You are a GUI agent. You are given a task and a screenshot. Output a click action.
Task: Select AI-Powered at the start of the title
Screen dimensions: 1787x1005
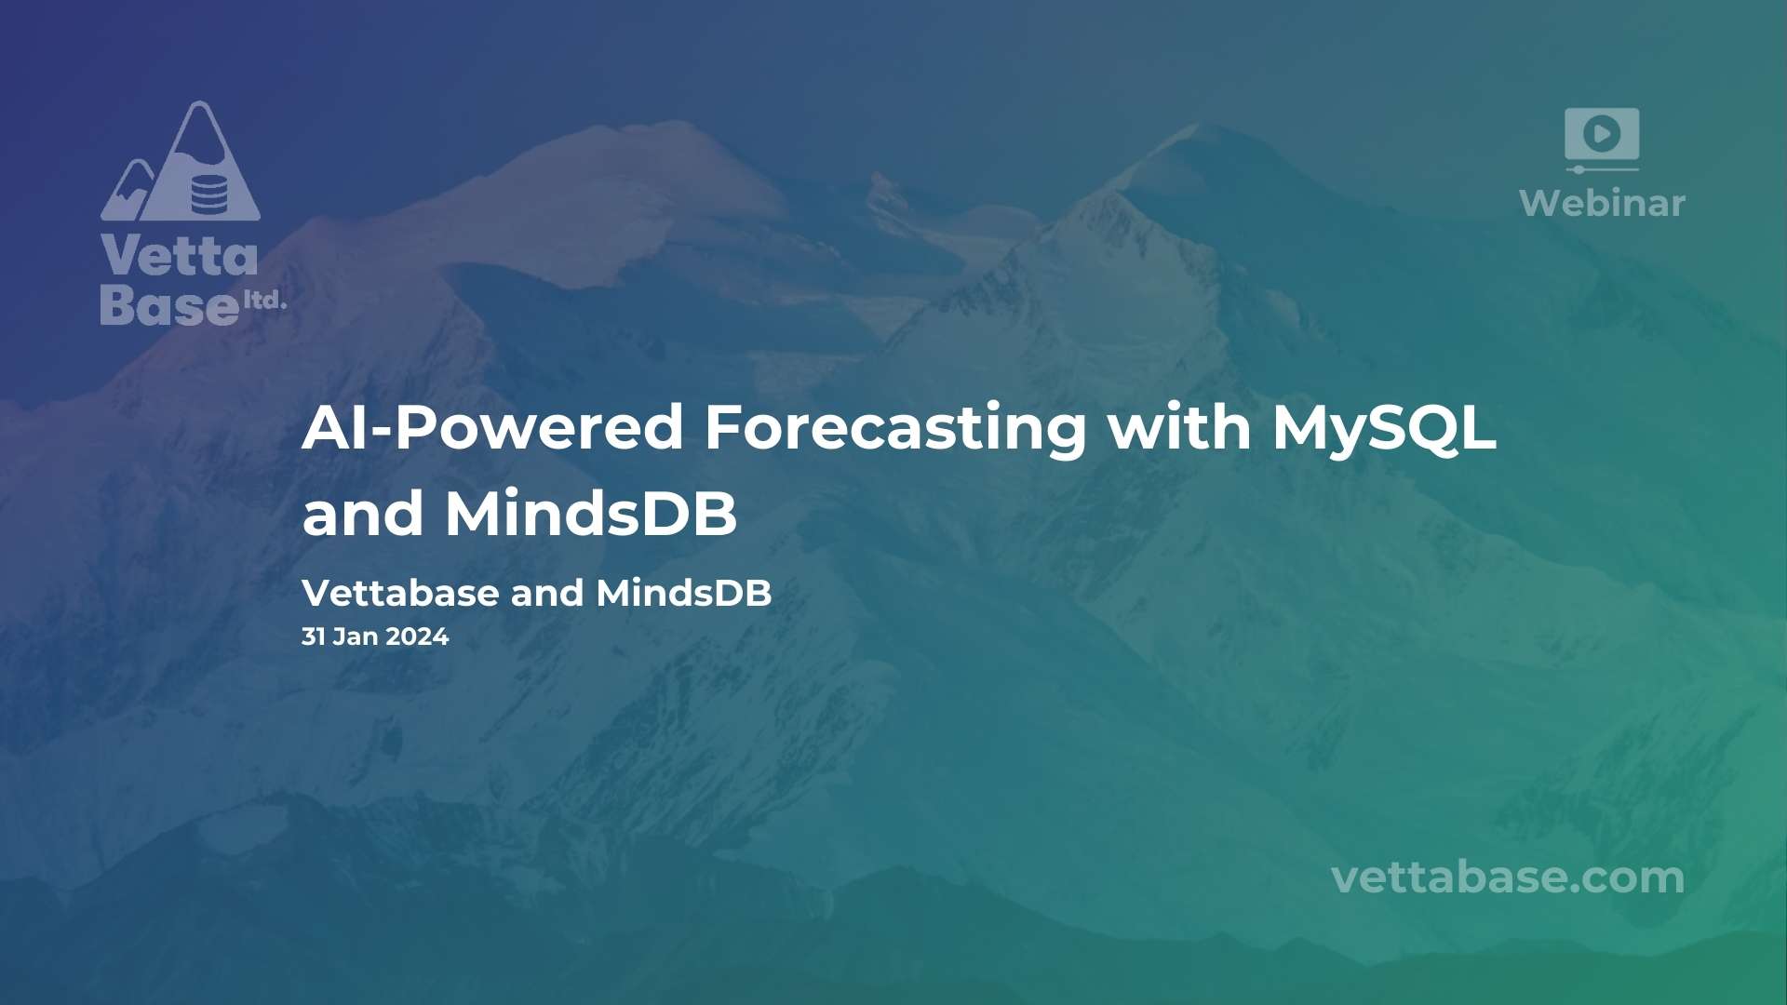[x=493, y=427]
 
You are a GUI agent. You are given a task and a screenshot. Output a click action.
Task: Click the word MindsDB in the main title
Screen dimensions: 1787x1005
[x=591, y=513]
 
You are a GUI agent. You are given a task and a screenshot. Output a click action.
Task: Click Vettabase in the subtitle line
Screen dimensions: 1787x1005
[x=400, y=593]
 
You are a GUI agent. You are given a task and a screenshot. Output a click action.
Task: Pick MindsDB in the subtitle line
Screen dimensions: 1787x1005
[x=684, y=593]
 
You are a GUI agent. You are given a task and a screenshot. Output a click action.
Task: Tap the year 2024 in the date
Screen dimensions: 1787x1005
[x=417, y=636]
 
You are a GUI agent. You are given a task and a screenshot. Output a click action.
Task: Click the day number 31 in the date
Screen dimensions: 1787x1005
[x=314, y=636]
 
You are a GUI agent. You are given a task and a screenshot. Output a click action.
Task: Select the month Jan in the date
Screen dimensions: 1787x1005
[x=356, y=636]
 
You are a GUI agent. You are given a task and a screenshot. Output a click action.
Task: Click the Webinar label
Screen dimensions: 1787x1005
[x=1602, y=203]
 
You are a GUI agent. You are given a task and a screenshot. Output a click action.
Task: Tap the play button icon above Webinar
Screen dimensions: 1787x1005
[x=1602, y=134]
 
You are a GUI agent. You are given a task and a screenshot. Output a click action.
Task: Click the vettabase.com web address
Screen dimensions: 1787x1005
[x=1508, y=878]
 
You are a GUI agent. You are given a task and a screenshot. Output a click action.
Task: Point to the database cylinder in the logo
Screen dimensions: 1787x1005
[x=208, y=194]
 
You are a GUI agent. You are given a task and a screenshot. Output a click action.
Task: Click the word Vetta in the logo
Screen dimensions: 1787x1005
[x=179, y=255]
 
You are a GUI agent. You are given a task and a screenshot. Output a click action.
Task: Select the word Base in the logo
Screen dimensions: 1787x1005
[x=169, y=304]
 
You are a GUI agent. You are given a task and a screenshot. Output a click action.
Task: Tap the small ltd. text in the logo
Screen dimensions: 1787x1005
[x=264, y=300]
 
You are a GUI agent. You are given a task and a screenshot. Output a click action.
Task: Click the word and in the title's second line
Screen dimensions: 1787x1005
[x=363, y=514]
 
